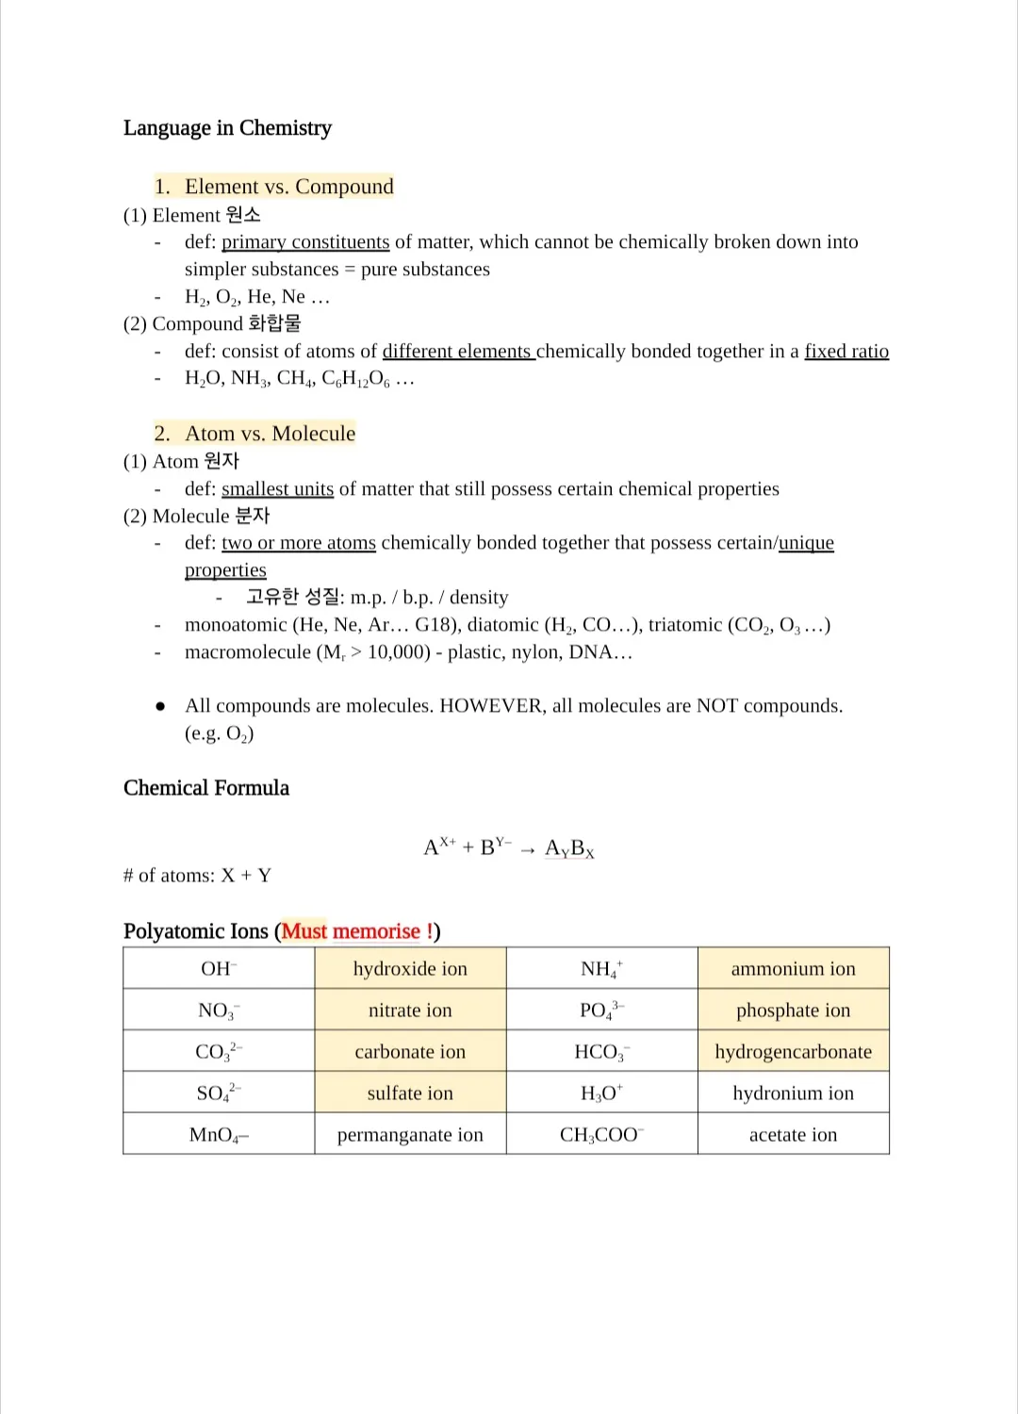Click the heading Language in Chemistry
coord(227,128)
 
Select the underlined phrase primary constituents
coord(305,242)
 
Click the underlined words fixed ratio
coord(846,352)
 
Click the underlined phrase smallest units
coord(277,489)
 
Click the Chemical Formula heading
coord(206,788)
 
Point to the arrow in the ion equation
coord(528,849)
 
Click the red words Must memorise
coord(351,931)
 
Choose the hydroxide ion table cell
coord(410,969)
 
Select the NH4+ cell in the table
coord(601,969)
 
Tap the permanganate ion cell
coord(410,1135)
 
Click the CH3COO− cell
coord(601,1135)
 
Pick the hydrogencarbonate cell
coord(793,1052)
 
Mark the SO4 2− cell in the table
coord(219,1093)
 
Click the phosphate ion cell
coord(793,1011)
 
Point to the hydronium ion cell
coord(793,1093)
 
